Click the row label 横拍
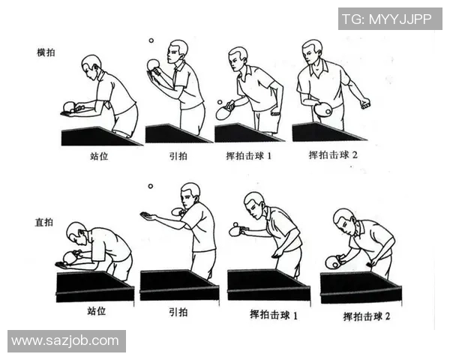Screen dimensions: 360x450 46,52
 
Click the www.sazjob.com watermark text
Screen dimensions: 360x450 65,340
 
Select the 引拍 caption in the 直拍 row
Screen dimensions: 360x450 178,311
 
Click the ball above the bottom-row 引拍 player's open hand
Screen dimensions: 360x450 150,186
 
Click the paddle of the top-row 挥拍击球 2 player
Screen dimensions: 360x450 323,110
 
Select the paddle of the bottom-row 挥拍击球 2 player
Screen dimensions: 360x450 333,262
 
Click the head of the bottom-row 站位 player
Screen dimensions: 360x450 76,232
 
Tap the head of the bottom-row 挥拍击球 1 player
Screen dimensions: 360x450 255,203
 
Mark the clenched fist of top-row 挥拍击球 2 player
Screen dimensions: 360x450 365,103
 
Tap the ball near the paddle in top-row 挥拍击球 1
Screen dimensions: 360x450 219,102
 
